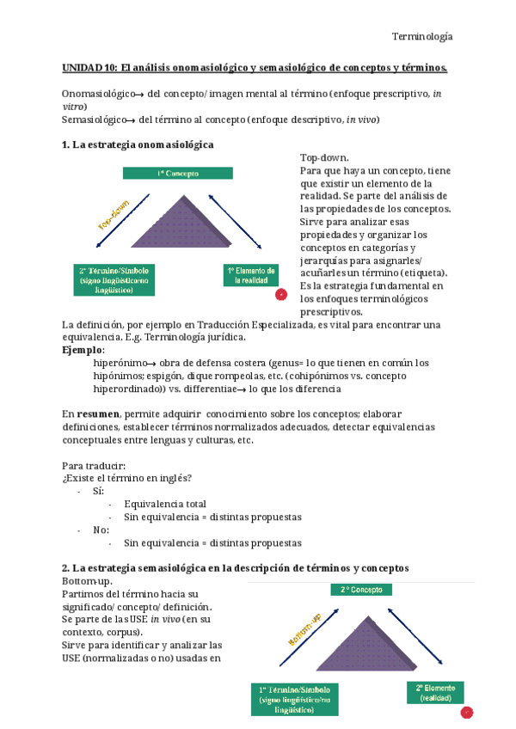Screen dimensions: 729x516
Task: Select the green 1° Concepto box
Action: tap(177, 173)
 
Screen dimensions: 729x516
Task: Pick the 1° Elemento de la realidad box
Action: tap(250, 275)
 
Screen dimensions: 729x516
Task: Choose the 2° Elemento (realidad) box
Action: tap(434, 693)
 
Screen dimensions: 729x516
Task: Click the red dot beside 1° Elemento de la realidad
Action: tap(280, 295)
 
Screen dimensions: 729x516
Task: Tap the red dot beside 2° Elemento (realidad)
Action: tap(467, 713)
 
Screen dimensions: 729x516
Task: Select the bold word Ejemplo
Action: tap(83, 350)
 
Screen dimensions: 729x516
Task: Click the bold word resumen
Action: tap(96, 414)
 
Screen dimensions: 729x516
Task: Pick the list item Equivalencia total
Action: tap(164, 504)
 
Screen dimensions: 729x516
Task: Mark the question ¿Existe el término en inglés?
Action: tap(127, 478)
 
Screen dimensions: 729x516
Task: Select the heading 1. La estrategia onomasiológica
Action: tap(138, 144)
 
